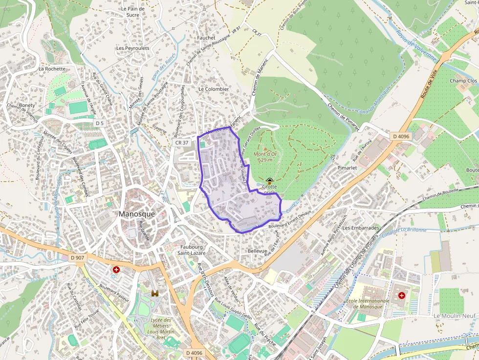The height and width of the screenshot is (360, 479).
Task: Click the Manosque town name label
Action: pos(137,214)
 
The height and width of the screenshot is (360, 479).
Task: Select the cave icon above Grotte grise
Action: pos(269,180)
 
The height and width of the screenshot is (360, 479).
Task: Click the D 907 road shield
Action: pos(77,257)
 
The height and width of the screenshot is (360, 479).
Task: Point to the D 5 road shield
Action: pos(100,123)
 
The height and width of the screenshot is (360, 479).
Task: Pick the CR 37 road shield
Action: pos(181,143)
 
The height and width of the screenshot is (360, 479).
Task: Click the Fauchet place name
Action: pos(206,38)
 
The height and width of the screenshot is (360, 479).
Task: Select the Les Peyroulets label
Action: pos(132,48)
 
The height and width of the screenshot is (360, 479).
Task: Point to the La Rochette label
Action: pos(52,69)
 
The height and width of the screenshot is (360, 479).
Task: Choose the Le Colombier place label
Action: pos(214,89)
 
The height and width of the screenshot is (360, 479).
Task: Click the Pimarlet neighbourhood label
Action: pos(347,168)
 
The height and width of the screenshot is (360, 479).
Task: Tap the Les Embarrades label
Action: pos(361,228)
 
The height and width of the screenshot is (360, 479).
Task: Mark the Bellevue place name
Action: pos(258,251)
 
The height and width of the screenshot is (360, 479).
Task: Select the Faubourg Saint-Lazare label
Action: pos(191,250)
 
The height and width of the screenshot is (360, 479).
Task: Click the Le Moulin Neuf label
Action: pos(455,316)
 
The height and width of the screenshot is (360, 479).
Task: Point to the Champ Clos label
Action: pos(463,81)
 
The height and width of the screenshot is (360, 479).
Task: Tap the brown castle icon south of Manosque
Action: pos(155,294)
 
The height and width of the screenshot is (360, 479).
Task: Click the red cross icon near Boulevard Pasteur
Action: pos(116,270)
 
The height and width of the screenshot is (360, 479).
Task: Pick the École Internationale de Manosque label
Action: pos(368,304)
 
